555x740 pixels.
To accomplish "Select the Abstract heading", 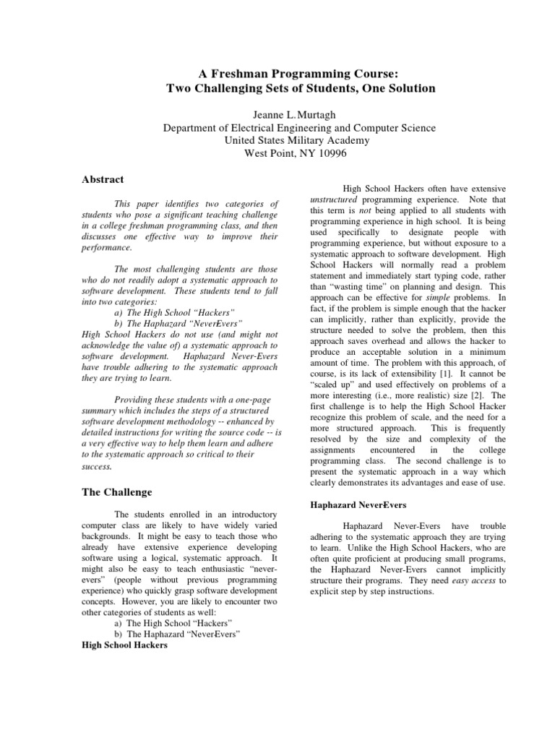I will pos(103,179).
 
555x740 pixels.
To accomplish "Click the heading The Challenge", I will pos(118,492).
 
